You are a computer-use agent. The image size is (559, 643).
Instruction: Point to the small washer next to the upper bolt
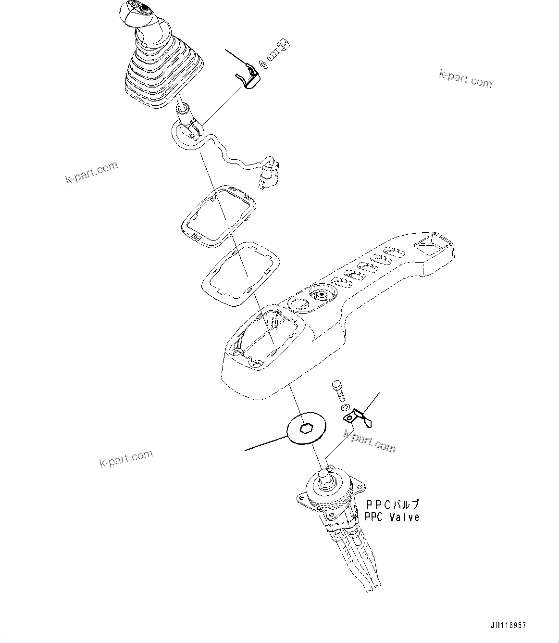262,63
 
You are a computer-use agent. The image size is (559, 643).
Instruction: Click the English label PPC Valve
391,517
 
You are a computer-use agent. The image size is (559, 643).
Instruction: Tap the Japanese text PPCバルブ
392,505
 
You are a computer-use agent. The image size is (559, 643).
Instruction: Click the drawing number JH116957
508,626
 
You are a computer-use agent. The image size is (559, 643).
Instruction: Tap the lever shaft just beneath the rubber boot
184,108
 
